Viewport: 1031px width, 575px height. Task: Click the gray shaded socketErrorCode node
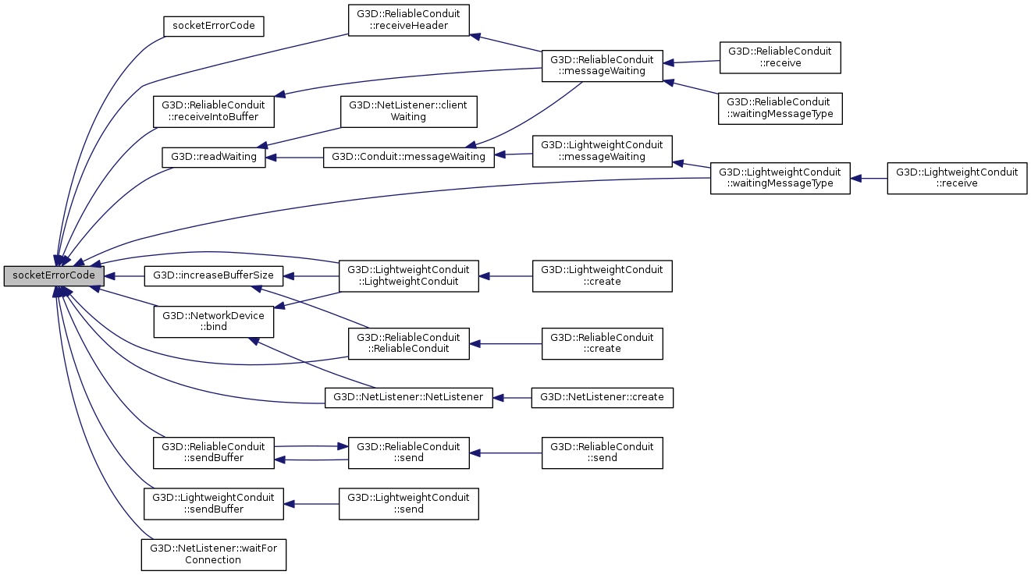[54, 275]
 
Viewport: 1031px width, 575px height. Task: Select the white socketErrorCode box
[214, 26]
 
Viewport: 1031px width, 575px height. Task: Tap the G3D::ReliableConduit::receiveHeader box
[409, 20]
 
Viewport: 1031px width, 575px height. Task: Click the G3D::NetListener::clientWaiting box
[408, 112]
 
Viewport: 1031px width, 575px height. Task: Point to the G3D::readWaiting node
[214, 157]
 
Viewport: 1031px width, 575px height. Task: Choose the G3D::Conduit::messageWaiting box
[408, 157]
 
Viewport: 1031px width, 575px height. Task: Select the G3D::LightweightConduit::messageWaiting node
[602, 151]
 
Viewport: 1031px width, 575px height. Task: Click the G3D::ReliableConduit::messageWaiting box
[603, 65]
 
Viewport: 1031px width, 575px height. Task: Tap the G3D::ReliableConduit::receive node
[780, 57]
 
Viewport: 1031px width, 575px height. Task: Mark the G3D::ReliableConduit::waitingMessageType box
[780, 107]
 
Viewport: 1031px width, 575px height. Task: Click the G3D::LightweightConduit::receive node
[957, 178]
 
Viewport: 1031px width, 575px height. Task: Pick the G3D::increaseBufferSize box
[213, 275]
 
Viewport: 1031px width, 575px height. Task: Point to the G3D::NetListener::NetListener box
[409, 397]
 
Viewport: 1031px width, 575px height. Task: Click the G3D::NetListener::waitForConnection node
[213, 554]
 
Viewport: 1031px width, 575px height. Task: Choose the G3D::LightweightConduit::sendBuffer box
[213, 503]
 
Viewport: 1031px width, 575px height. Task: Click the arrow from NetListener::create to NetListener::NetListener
[512, 397]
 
